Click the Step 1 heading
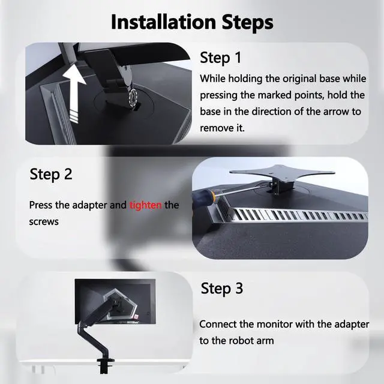[220, 58]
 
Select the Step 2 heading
[51, 175]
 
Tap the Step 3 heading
[222, 288]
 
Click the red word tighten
[146, 205]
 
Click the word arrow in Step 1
[334, 112]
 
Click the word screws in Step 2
[44, 221]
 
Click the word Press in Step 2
[41, 205]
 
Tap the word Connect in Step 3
[218, 324]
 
